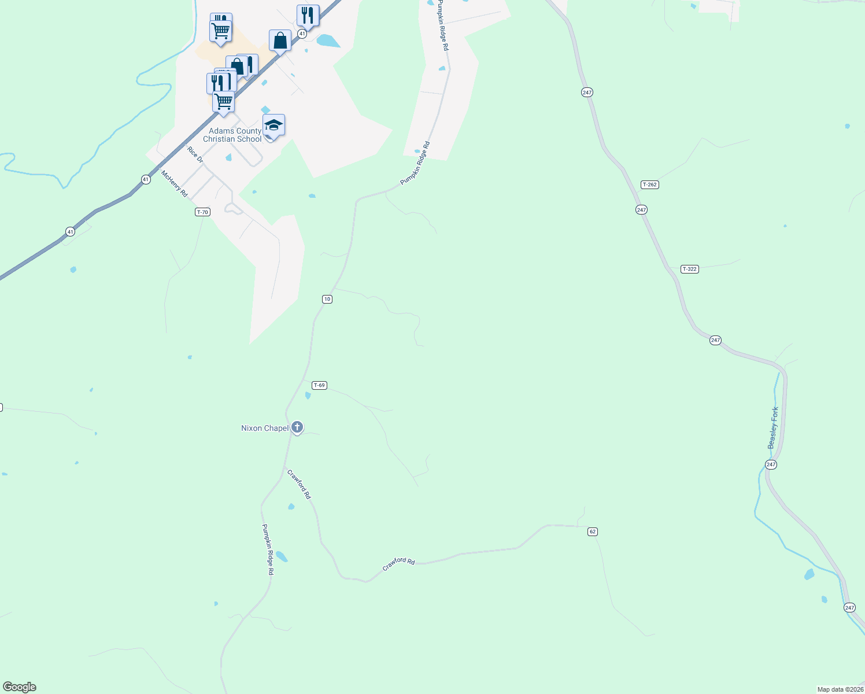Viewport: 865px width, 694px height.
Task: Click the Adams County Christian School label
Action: (x=232, y=135)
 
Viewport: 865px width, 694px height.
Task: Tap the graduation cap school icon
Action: (x=273, y=124)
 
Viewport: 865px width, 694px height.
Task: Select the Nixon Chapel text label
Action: (x=265, y=428)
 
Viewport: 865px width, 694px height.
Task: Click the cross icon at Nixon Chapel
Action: (x=297, y=427)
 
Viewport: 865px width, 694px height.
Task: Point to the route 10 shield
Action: (x=327, y=299)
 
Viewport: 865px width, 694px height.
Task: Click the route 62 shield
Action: (x=593, y=531)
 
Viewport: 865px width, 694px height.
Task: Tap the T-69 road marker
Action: (x=319, y=385)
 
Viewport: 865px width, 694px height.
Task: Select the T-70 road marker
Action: (x=202, y=212)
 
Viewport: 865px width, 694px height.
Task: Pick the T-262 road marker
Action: (x=650, y=184)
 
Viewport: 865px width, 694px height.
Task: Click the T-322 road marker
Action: (x=689, y=269)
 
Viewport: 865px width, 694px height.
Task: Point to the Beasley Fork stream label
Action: (x=773, y=428)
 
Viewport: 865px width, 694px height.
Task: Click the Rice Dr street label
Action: (x=195, y=154)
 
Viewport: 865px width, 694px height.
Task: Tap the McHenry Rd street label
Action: (x=174, y=183)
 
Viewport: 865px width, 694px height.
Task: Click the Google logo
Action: (x=20, y=687)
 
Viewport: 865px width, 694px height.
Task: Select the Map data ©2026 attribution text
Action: (x=840, y=689)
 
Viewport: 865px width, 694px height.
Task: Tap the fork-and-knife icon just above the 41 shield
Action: (x=308, y=16)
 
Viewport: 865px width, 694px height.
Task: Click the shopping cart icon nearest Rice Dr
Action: (x=223, y=102)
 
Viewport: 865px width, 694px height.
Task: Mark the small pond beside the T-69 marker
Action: (x=308, y=396)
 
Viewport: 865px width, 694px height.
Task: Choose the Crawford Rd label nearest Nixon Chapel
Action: (x=300, y=485)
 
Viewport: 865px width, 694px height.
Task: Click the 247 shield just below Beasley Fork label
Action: (x=771, y=464)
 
